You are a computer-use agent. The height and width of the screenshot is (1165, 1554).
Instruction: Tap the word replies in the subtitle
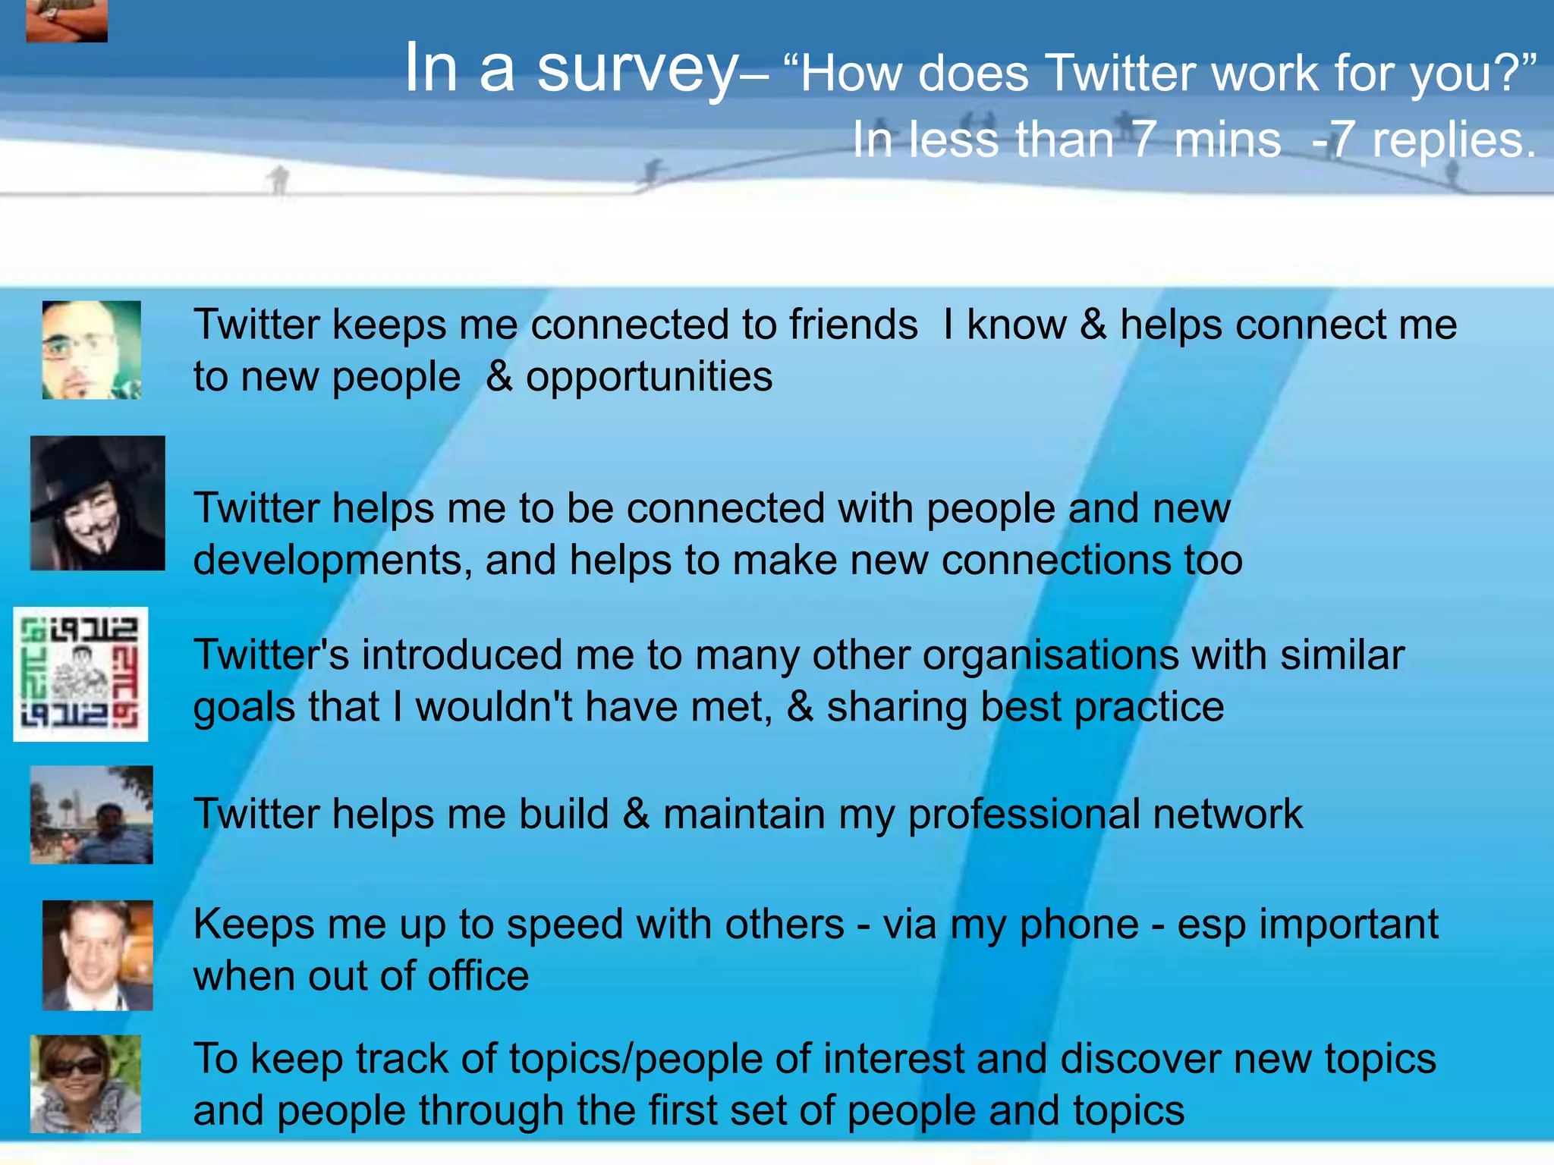pos(1453,140)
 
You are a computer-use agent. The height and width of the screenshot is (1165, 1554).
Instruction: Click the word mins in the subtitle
pos(1227,140)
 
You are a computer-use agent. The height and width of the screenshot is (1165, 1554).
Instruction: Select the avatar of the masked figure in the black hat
pos(97,503)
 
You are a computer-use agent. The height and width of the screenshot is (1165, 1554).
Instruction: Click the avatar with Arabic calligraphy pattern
pos(80,674)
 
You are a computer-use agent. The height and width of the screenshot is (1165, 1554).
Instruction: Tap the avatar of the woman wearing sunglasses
pos(85,1084)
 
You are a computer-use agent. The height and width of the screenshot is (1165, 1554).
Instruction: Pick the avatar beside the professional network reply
pos(91,815)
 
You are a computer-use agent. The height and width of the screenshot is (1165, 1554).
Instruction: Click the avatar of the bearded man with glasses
pos(91,350)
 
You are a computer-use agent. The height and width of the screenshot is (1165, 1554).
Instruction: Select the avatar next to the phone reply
pos(97,955)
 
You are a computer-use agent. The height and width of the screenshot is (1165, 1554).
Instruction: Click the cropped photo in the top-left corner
pos(67,20)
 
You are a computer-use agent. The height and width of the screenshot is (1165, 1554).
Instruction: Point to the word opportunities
pos(649,377)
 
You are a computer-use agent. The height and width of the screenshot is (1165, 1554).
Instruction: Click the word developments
pos(327,561)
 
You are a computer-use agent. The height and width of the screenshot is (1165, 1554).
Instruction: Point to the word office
pos(478,976)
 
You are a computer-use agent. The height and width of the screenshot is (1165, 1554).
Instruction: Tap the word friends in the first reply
pos(853,325)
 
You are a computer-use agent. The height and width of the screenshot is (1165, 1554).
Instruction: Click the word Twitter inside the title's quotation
pos(1121,74)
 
